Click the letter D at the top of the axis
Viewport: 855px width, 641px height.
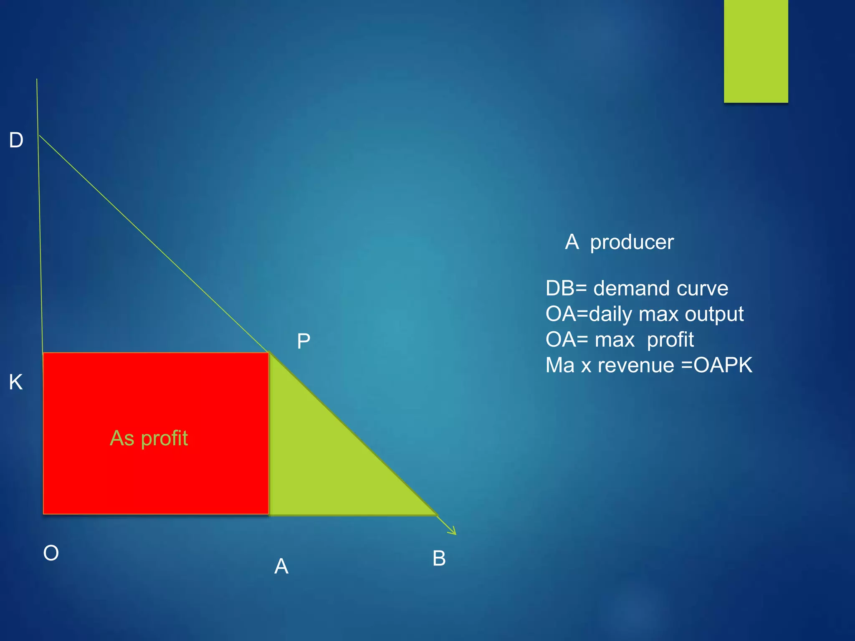tap(16, 140)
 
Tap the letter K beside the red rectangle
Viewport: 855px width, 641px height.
tap(16, 382)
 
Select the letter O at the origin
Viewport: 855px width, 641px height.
tap(51, 553)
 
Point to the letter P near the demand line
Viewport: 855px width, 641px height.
tap(304, 342)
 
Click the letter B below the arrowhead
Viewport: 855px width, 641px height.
tap(439, 558)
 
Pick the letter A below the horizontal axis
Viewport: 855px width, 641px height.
tap(281, 566)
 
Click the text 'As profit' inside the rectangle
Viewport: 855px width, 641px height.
tap(149, 439)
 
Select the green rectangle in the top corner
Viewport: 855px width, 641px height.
tap(756, 50)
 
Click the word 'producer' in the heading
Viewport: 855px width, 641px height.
tap(632, 242)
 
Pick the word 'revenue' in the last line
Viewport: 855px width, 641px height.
tap(636, 366)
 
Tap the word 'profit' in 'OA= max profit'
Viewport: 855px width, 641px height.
tap(670, 340)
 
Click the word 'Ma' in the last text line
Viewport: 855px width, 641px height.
tap(560, 366)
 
